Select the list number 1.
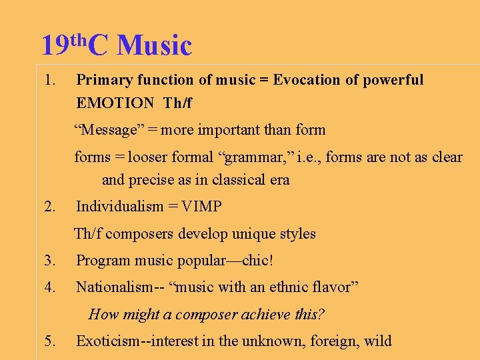47,81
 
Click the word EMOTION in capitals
115,103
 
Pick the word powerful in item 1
393,80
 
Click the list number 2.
49,207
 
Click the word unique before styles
254,233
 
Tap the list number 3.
49,261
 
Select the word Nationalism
114,287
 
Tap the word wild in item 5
378,341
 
